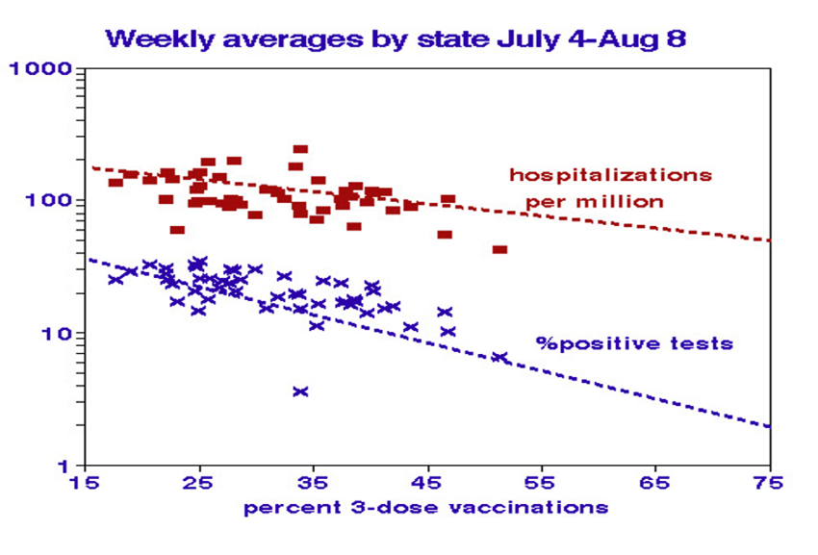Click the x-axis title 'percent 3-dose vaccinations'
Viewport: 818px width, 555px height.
(425, 507)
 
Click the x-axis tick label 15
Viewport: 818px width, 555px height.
(86, 482)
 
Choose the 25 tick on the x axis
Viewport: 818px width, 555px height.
(199, 482)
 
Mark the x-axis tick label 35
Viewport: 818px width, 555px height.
(314, 482)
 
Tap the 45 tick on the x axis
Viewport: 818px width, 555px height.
(428, 482)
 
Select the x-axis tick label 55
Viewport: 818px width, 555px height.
(542, 482)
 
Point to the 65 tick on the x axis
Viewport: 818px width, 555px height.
(656, 482)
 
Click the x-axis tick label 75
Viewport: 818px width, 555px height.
(770, 482)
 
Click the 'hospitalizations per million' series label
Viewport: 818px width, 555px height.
(610, 189)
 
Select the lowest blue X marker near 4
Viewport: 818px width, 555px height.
(300, 391)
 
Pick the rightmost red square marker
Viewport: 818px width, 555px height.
(499, 250)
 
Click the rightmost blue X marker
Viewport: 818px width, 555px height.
(499, 357)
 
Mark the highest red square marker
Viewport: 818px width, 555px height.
(300, 150)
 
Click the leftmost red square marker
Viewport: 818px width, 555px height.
(115, 183)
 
